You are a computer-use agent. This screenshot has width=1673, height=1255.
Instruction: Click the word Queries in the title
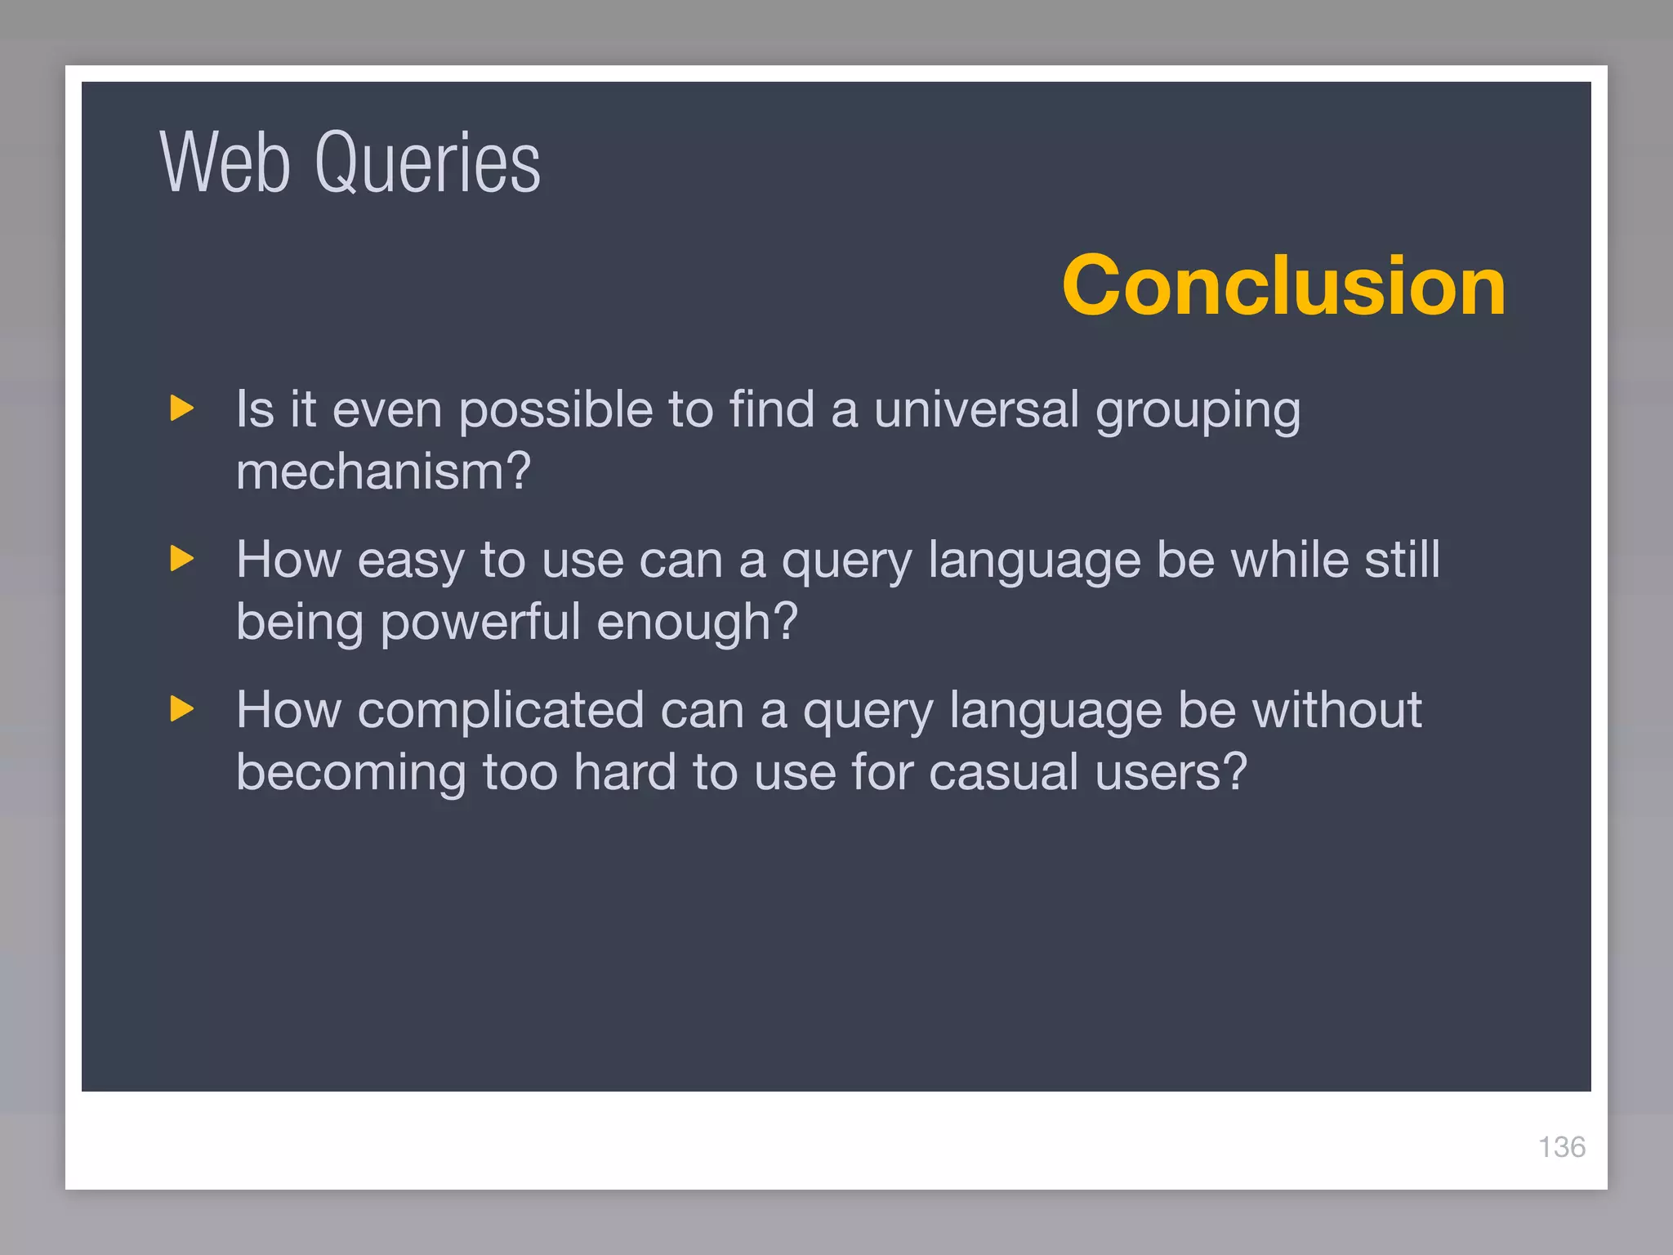click(x=427, y=164)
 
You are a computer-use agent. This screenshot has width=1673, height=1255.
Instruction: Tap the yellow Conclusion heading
click(x=1283, y=285)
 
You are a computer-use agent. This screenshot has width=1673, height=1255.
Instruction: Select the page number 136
click(x=1561, y=1147)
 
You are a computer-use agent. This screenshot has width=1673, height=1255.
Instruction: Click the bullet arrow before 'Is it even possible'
click(x=182, y=408)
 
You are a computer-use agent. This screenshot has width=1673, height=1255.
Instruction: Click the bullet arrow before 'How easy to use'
click(x=182, y=559)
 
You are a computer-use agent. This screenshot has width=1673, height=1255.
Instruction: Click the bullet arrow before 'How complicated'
click(x=182, y=708)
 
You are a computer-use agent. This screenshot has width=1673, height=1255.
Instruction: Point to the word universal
click(x=976, y=409)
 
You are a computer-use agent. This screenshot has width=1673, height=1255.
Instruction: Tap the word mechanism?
click(x=383, y=471)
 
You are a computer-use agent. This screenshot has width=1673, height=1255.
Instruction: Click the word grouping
click(x=1198, y=411)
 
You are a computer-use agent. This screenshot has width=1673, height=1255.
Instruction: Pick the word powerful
click(x=480, y=623)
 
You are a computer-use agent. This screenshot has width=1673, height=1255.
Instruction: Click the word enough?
click(x=697, y=623)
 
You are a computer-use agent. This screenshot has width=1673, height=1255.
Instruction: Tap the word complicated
click(x=501, y=711)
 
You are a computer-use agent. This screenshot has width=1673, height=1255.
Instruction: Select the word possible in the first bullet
click(x=555, y=409)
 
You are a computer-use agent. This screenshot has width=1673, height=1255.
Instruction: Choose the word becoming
click(x=350, y=774)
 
